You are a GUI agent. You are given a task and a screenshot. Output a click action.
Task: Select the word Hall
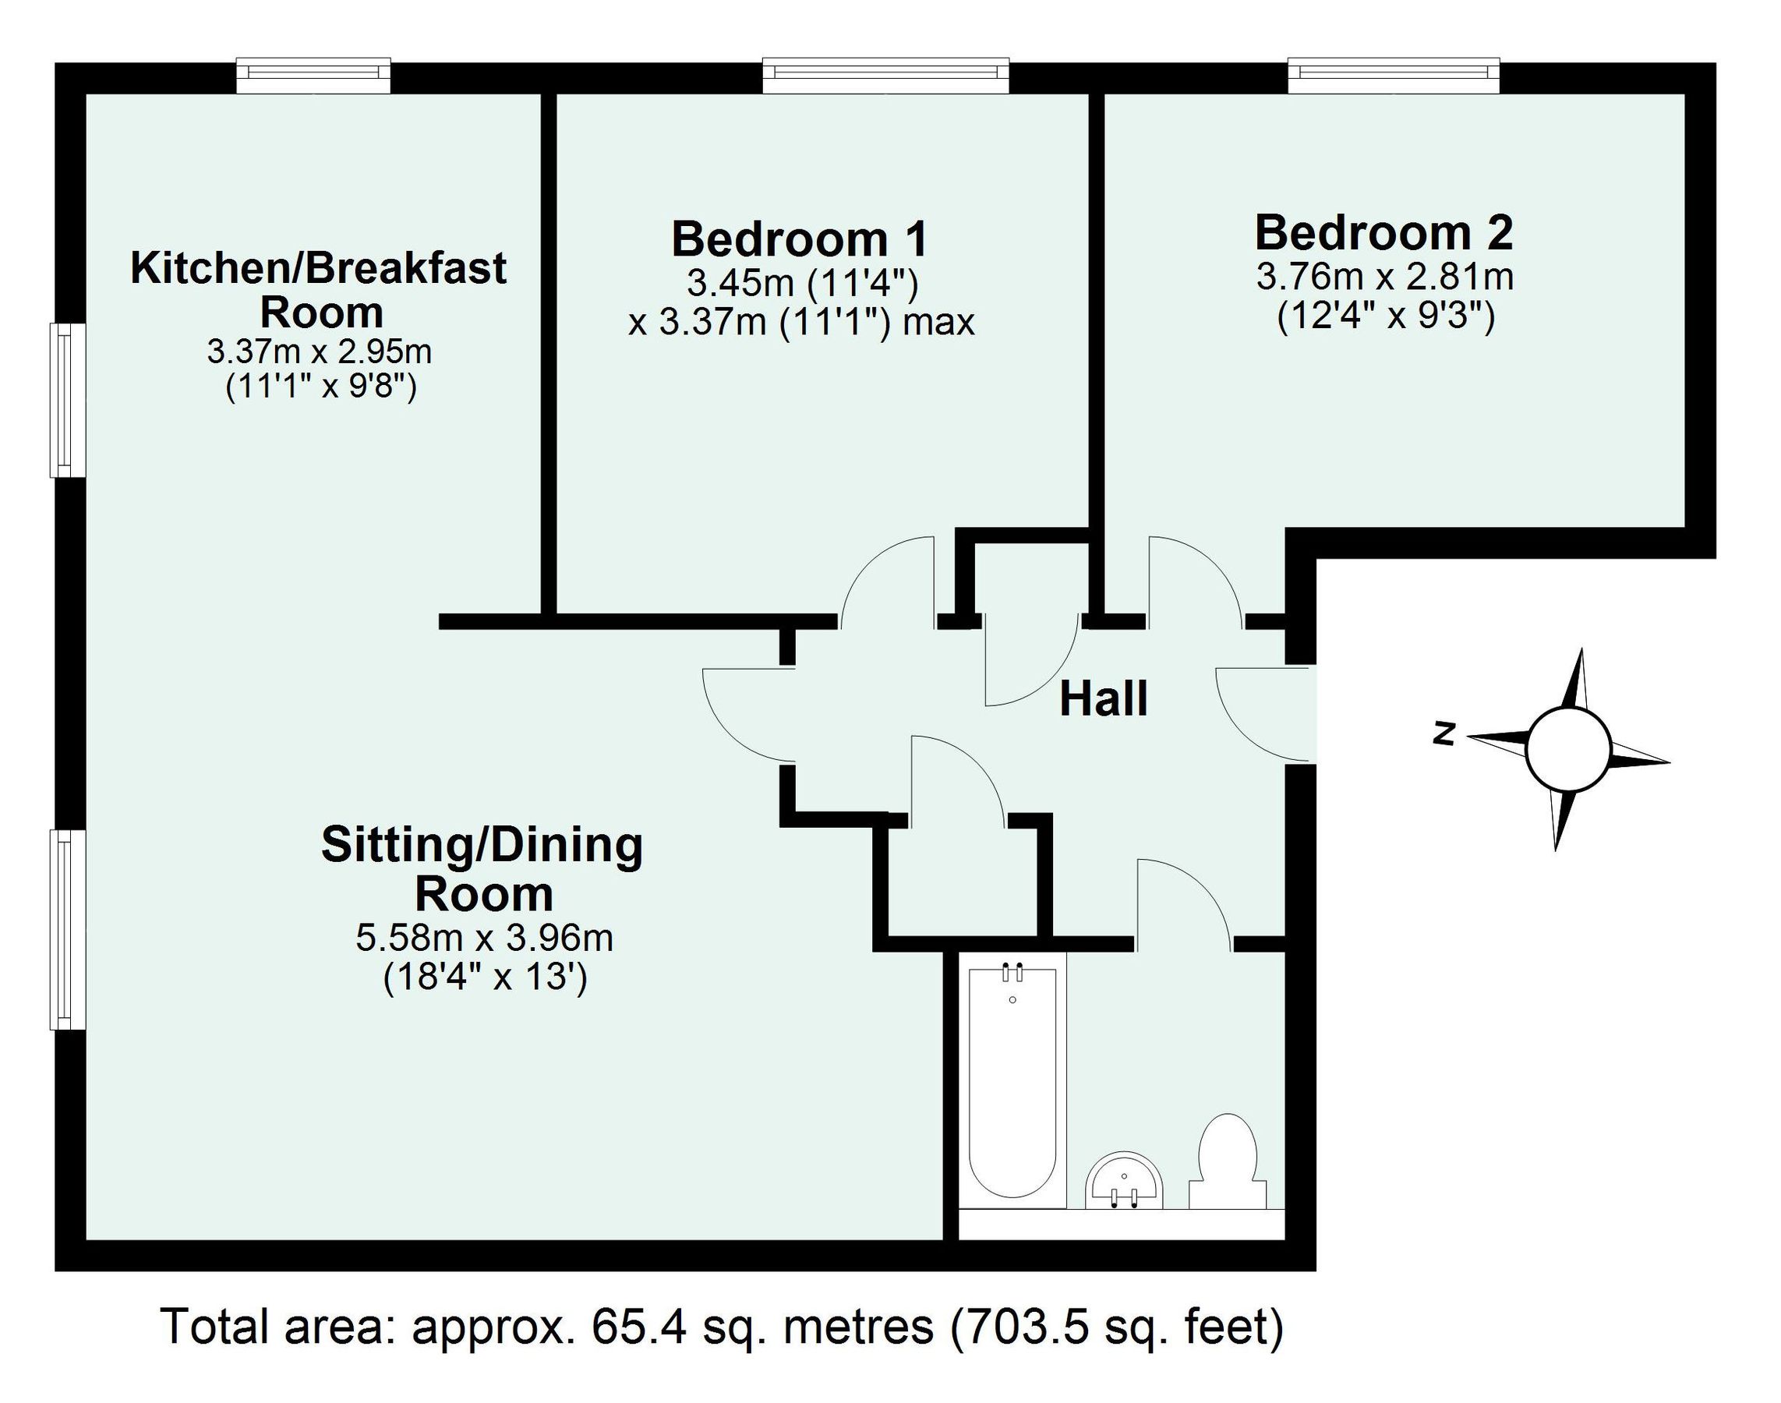coord(1102,700)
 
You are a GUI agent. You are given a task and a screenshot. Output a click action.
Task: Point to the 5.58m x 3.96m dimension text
coord(484,937)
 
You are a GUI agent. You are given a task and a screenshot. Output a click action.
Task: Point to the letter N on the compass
coord(1444,734)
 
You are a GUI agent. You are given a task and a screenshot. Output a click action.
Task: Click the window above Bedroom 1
coord(885,75)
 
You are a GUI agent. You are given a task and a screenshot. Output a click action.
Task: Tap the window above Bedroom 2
coord(1394,75)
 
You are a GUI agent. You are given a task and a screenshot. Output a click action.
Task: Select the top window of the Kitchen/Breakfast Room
coord(313,75)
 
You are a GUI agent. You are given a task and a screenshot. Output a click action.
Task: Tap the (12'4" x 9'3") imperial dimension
coord(1385,316)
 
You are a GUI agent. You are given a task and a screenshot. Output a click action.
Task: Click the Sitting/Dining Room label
coord(482,869)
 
